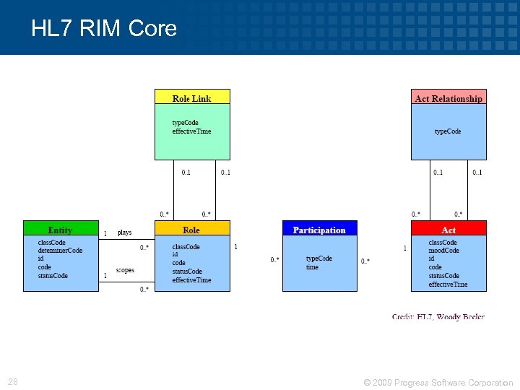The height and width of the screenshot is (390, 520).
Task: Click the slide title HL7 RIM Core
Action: coord(104,28)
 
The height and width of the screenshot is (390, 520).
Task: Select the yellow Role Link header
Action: coord(192,97)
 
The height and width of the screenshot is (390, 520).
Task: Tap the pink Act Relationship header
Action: coord(448,97)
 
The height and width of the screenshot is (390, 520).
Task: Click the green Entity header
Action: coord(60,230)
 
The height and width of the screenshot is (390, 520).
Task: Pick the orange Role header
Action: coord(191,230)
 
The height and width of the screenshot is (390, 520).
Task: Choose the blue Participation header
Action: coord(319,230)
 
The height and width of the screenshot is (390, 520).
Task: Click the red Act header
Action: coord(448,230)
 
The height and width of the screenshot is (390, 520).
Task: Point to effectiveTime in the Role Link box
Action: coord(191,131)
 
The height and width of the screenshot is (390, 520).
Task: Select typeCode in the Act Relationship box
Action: coord(448,131)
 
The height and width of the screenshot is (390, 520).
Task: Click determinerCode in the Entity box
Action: coord(60,251)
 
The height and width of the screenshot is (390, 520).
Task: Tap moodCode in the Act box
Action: coord(443,251)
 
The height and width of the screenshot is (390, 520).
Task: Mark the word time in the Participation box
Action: coord(312,267)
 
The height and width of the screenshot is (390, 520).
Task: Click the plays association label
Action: coord(125,233)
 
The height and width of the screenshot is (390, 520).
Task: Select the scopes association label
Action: coord(125,270)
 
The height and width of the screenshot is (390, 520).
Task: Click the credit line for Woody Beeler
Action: coord(438,316)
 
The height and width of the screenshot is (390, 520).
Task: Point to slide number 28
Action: coord(13,382)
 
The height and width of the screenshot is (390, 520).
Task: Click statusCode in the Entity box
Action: coord(53,276)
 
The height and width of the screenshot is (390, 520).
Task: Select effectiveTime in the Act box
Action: coord(448,285)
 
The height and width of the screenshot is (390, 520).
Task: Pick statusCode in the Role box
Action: coord(187,272)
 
